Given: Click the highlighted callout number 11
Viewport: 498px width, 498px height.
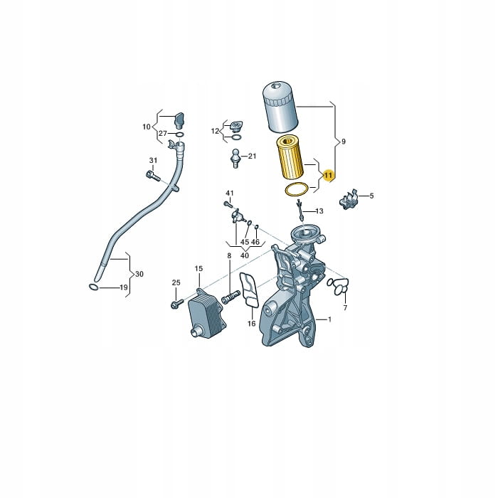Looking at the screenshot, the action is [x=328, y=175].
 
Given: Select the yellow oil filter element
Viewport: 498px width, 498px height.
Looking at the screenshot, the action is [x=290, y=157].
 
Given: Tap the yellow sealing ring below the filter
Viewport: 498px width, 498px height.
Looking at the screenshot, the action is [x=297, y=190].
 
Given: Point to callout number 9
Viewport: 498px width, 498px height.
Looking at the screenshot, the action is [x=344, y=142].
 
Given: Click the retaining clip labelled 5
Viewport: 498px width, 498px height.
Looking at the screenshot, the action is [x=349, y=199].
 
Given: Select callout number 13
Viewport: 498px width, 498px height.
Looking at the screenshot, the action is [x=319, y=211].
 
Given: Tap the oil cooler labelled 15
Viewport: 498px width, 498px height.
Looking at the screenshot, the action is [x=207, y=312].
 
